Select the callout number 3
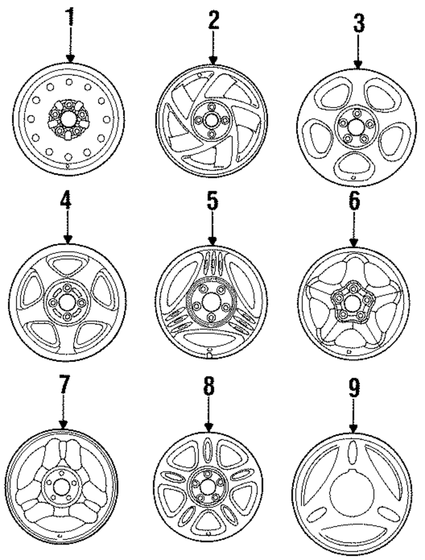coord(359,23)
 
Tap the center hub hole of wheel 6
coord(351,303)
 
